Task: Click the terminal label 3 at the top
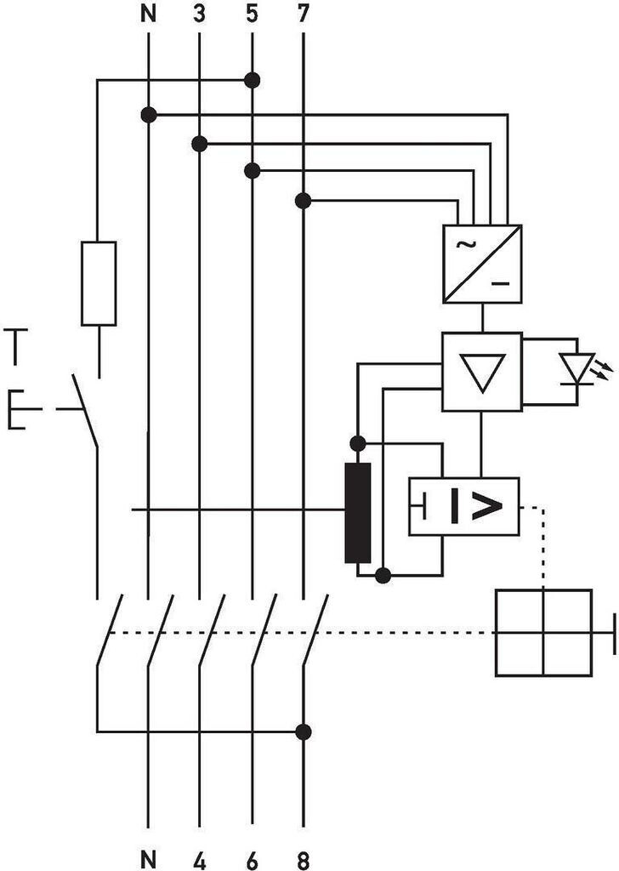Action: (199, 14)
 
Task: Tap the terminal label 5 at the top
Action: (252, 14)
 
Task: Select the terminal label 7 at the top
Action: (303, 14)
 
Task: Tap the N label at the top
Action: (148, 14)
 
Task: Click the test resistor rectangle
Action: (99, 283)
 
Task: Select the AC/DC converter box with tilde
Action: (482, 264)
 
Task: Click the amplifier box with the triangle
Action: (482, 372)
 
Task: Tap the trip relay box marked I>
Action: (464, 507)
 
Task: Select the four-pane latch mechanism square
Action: (543, 633)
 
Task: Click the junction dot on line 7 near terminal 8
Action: (303, 731)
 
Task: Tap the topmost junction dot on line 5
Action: (252, 81)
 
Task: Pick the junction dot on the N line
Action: (148, 114)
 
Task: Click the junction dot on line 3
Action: (200, 144)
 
